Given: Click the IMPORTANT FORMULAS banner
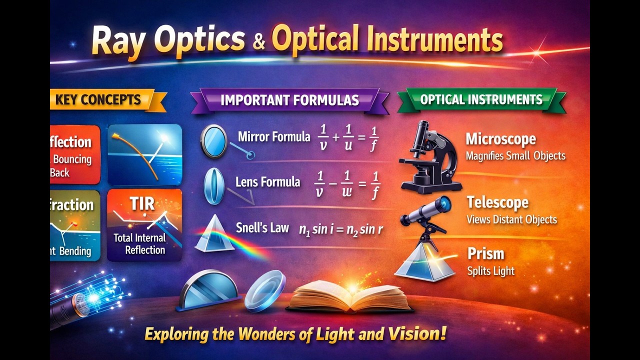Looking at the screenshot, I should pyautogui.click(x=289, y=99).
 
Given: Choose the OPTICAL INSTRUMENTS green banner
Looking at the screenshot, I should pyautogui.click(x=481, y=99).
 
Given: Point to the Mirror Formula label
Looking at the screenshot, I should pyautogui.click(x=274, y=136).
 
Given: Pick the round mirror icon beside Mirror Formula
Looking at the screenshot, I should pyautogui.click(x=213, y=141).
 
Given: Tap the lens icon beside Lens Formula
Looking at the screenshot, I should pyautogui.click(x=214, y=185).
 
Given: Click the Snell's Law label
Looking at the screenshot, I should pyautogui.click(x=262, y=228).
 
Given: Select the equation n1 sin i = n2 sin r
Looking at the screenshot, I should pyautogui.click(x=341, y=229).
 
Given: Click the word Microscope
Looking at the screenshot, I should pyautogui.click(x=500, y=139).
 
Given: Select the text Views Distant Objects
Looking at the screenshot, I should pyautogui.click(x=511, y=219).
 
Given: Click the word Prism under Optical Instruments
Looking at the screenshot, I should pyautogui.click(x=485, y=253).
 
